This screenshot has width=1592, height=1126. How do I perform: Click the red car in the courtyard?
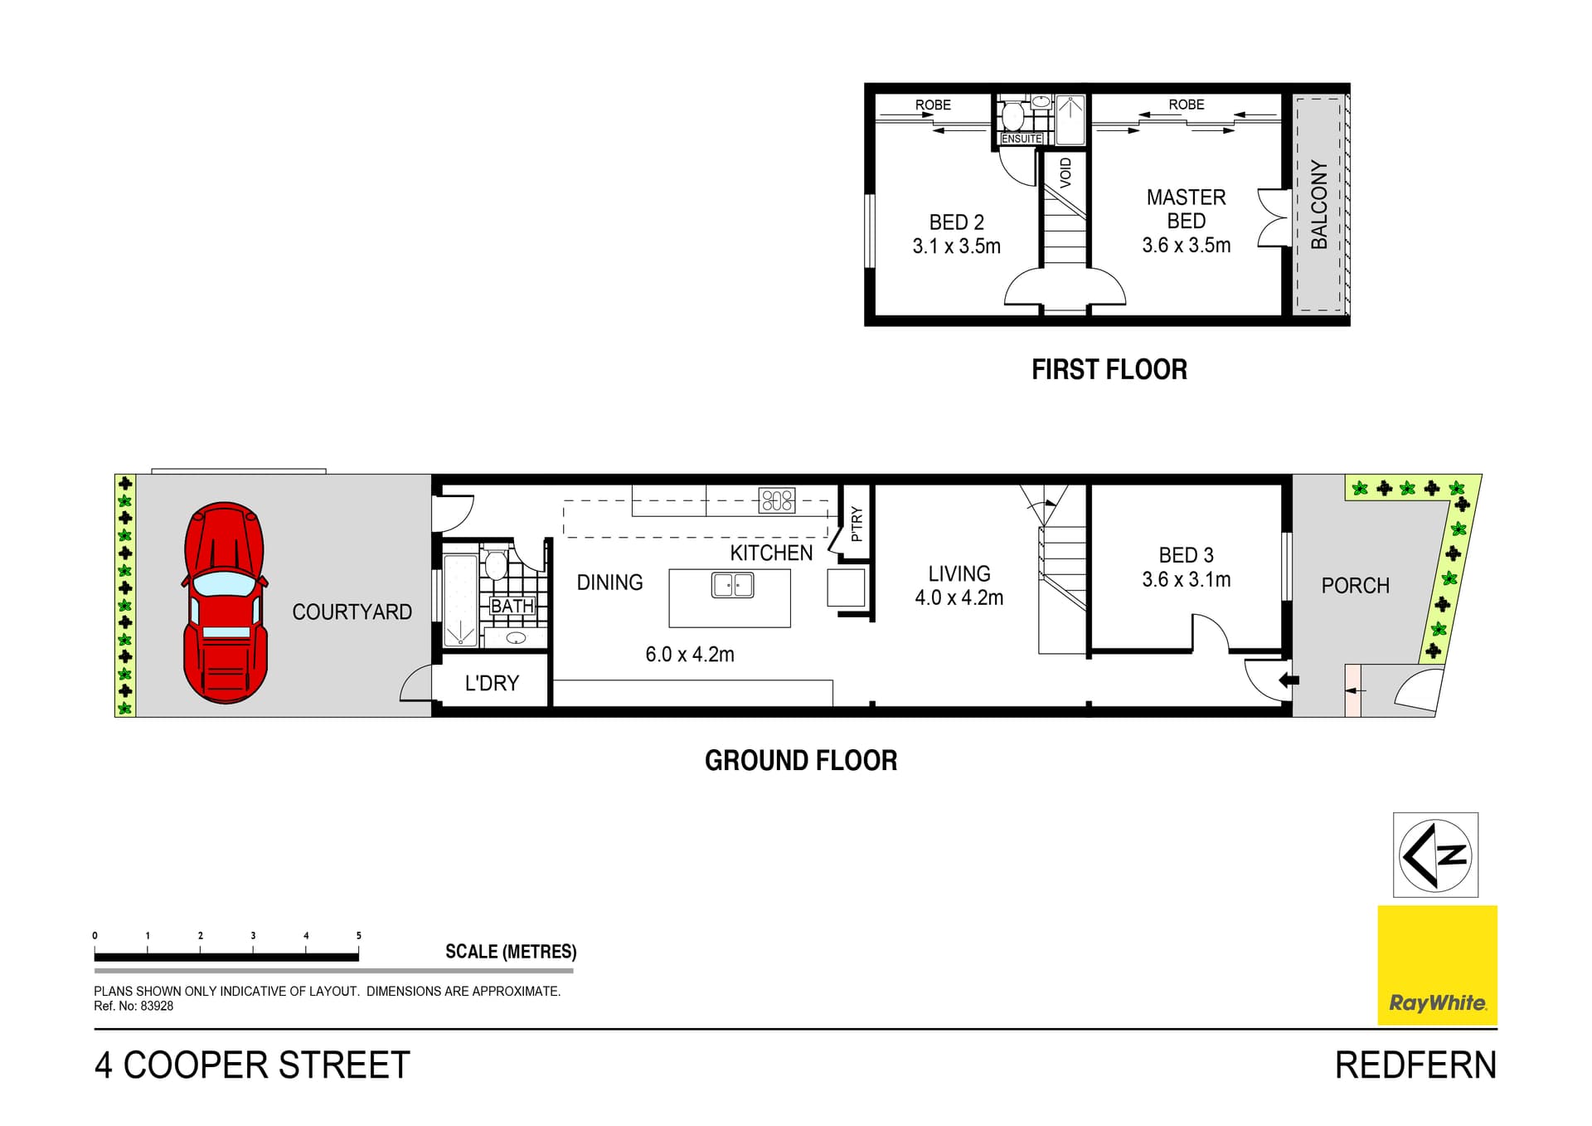coord(225,603)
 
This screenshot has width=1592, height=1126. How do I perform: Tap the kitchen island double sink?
coord(732,585)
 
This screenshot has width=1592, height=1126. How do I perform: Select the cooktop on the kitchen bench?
coord(777,500)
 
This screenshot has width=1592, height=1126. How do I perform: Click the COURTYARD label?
coord(352,612)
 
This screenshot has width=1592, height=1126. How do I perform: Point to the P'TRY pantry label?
coord(857,524)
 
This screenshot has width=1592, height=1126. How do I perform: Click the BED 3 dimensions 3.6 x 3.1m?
coord(1186,580)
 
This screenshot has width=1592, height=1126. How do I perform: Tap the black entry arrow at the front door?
coord(1289,680)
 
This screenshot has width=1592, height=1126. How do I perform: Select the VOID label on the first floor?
coord(1065,173)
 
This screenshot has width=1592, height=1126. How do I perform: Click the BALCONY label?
coord(1318,205)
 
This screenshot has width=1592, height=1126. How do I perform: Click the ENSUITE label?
coord(1022,139)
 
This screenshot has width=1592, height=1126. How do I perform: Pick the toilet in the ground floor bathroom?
coord(496,564)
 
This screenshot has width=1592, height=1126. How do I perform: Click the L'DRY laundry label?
coord(492,683)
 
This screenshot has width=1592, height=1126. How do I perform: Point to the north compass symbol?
coord(1435,855)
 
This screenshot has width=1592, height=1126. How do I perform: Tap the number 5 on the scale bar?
coord(358,936)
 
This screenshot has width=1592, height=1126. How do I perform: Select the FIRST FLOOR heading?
coord(1109,370)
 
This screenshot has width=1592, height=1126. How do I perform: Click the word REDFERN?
coord(1415,1065)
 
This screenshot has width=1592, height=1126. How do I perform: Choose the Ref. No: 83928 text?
coord(133,1007)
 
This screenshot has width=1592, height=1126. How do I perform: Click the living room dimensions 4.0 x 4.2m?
coord(959,597)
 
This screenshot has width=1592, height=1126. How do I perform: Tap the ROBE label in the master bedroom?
coord(1186,105)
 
